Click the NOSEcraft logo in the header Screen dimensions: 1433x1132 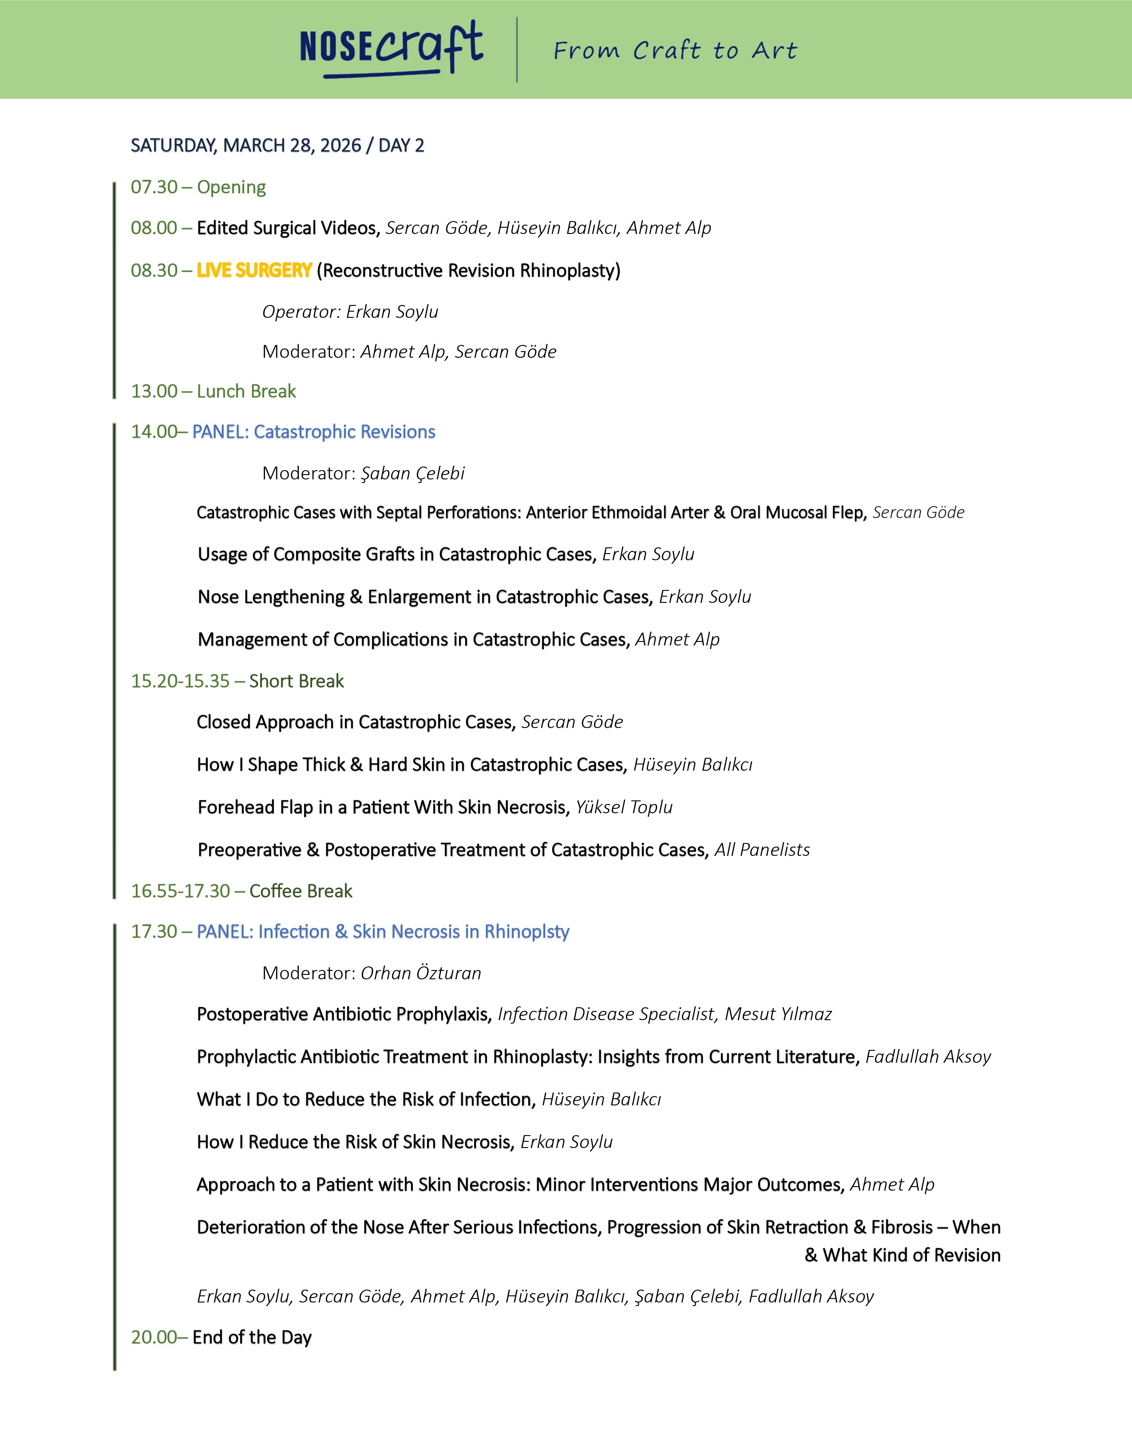tap(391, 48)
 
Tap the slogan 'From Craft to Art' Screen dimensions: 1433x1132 tap(675, 50)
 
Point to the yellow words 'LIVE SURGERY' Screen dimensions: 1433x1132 tap(254, 270)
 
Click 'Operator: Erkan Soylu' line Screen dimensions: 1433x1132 tap(350, 312)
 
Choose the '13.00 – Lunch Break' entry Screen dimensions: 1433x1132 tap(214, 391)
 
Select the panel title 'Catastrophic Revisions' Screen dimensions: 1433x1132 tap(344, 431)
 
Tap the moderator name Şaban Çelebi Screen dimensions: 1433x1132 tap(412, 473)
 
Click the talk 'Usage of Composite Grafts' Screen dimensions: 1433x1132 tap(396, 554)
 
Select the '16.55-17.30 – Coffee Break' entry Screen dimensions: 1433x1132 tap(241, 891)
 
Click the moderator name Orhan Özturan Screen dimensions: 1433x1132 tap(421, 973)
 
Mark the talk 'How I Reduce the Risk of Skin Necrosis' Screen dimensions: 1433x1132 tap(355, 1141)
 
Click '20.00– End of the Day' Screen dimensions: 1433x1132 tap(221, 1337)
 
